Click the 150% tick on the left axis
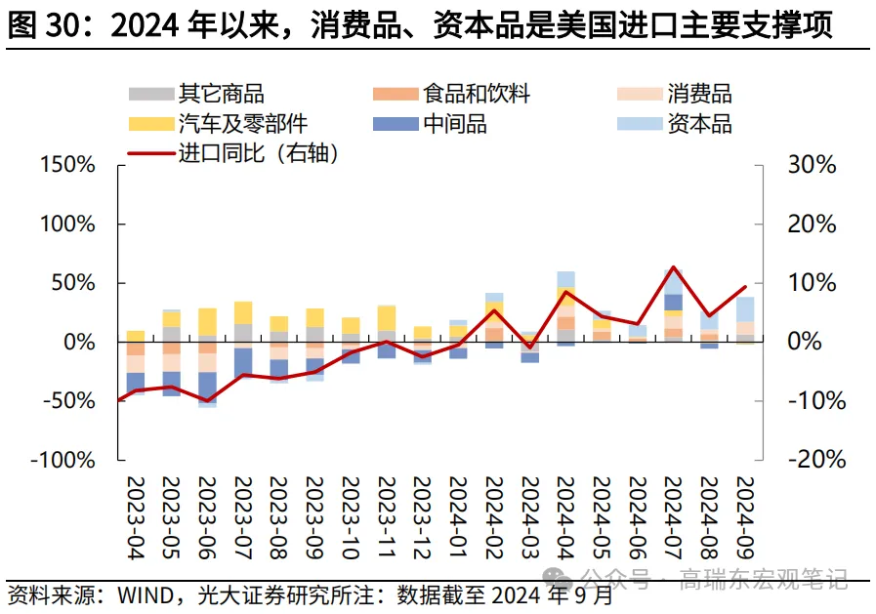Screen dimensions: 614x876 point(67,165)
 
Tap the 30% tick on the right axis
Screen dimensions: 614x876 point(812,165)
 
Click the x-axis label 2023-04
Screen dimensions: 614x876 point(136,517)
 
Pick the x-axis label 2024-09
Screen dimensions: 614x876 point(745,517)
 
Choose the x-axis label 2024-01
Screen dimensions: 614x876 point(458,517)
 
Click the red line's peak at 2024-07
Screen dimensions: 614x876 point(673,266)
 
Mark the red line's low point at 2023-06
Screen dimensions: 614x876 point(207,400)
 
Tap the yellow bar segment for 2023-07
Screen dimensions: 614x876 point(243,312)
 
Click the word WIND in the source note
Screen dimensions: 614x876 point(146,594)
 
